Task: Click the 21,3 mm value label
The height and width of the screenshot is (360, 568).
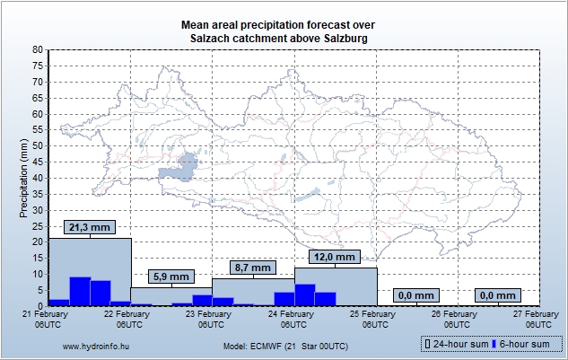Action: pyautogui.click(x=89, y=228)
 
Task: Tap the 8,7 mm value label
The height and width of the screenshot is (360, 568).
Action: pyautogui.click(x=252, y=268)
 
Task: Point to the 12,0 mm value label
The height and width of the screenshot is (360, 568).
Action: pyautogui.click(x=336, y=257)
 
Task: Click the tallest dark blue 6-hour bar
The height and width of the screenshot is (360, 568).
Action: pyautogui.click(x=79, y=291)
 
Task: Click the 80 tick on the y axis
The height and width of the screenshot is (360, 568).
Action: pyautogui.click(x=39, y=49)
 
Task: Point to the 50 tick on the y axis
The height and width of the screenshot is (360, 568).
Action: pyautogui.click(x=39, y=145)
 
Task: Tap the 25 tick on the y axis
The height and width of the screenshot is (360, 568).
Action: pyautogui.click(x=39, y=225)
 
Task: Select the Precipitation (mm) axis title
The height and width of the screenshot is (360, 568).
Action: pyautogui.click(x=24, y=177)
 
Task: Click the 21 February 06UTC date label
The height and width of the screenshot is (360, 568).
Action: pyautogui.click(x=49, y=319)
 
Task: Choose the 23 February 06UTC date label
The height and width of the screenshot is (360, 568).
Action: pyautogui.click(x=213, y=319)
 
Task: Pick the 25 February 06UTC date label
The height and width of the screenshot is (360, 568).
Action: pyautogui.click(x=374, y=319)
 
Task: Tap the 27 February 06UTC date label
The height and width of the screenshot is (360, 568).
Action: pyautogui.click(x=537, y=319)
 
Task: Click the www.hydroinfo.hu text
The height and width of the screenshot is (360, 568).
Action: pyautogui.click(x=92, y=345)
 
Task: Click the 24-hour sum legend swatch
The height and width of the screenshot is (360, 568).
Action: pyautogui.click(x=428, y=344)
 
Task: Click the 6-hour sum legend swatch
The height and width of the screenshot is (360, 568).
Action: pyautogui.click(x=494, y=344)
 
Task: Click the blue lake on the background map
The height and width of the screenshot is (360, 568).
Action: pyautogui.click(x=187, y=163)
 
